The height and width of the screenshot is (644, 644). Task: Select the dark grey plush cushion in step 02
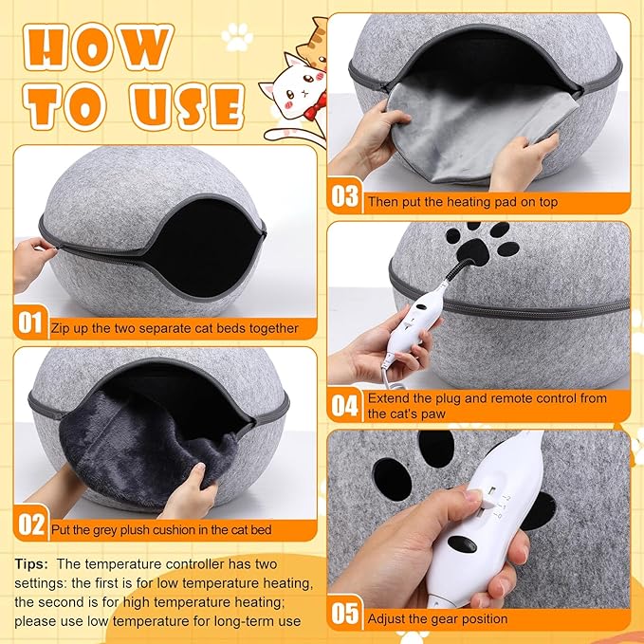click(x=142, y=446)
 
